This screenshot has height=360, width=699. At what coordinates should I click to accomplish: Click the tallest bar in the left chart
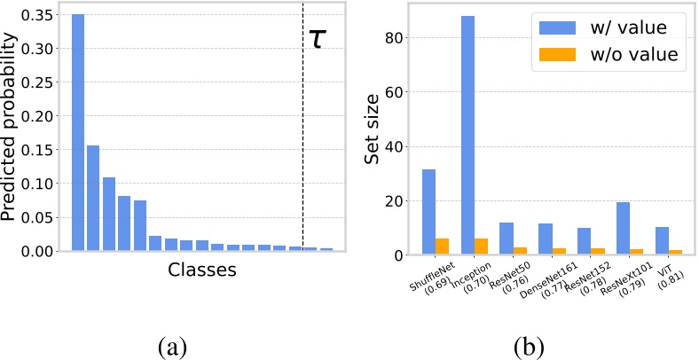78,133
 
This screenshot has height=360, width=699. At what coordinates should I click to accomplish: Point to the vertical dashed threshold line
302,133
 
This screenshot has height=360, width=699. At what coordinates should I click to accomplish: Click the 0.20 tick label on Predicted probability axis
43,116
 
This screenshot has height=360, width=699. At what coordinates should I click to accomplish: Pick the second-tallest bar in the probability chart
93,198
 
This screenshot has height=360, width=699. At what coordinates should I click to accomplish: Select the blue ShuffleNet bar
428,212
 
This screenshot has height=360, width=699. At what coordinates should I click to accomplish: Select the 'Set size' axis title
374,133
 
